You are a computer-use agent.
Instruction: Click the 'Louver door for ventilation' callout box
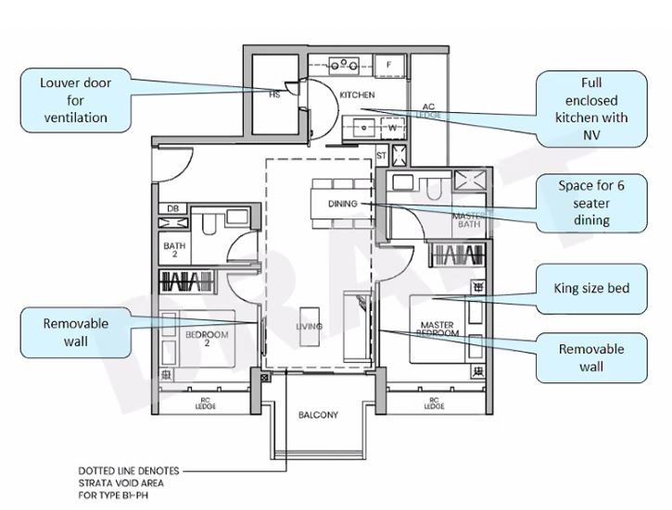point(76,100)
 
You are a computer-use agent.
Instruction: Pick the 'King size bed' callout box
point(592,289)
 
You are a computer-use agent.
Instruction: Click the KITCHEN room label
point(357,95)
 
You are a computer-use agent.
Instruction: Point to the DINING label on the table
point(342,203)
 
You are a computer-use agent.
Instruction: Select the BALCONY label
point(318,415)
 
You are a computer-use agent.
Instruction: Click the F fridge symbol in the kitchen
point(388,64)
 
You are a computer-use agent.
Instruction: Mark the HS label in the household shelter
point(274,94)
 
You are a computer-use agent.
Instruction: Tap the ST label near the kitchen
point(381,155)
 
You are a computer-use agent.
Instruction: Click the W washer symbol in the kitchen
point(391,128)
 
